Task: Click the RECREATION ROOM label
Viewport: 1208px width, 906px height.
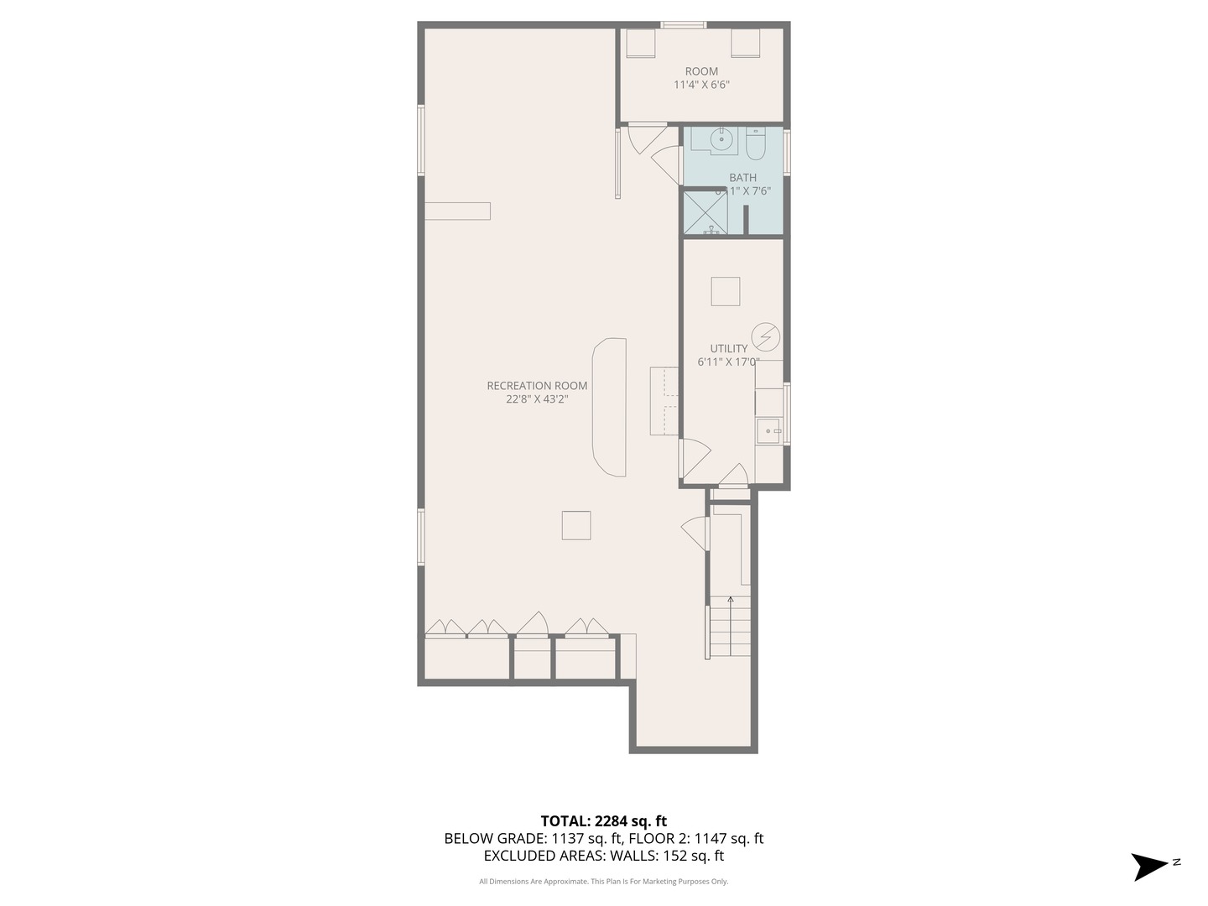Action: coord(537,386)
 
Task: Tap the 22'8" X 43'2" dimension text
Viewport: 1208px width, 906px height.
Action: coord(537,399)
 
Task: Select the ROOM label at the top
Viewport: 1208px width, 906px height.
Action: coord(701,71)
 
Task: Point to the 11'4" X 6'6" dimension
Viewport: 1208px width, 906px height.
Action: coord(701,85)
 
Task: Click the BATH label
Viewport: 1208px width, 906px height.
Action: coord(742,177)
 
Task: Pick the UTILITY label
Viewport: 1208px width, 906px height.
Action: coord(728,349)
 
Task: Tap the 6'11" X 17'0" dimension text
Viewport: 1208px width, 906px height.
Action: coord(728,362)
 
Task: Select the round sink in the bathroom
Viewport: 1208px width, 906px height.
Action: coord(719,141)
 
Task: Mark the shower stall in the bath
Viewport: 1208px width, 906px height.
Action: coord(704,213)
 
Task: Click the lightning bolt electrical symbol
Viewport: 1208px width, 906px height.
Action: coord(765,337)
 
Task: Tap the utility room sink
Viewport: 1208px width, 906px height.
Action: coord(768,431)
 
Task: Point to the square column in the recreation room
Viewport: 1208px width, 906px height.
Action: coord(576,525)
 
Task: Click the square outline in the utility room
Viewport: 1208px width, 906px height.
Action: coord(726,291)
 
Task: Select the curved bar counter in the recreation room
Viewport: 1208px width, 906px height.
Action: coord(609,407)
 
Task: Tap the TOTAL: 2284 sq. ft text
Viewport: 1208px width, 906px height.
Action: coord(603,821)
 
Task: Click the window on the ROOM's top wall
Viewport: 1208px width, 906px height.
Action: coord(683,25)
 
